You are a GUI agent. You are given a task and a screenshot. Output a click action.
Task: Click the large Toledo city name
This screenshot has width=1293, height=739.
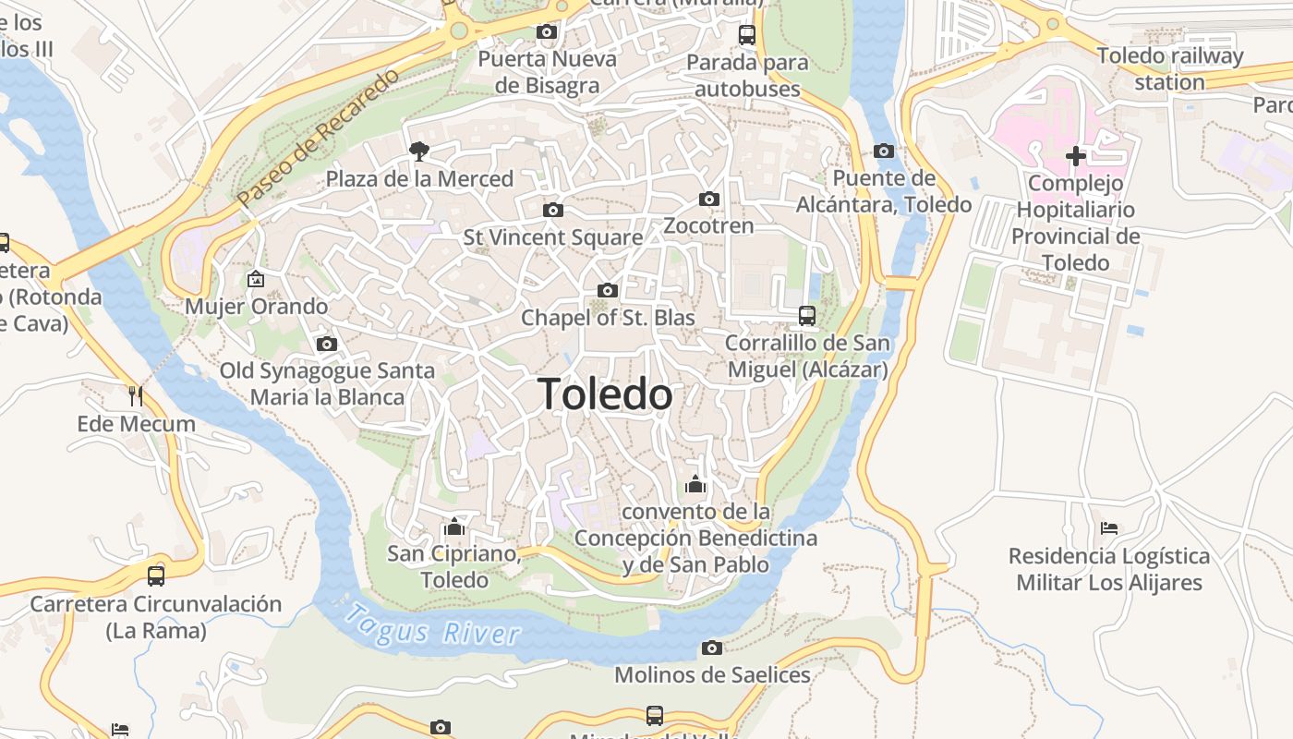point(605,394)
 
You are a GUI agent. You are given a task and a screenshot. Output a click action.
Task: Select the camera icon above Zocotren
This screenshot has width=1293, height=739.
point(709,199)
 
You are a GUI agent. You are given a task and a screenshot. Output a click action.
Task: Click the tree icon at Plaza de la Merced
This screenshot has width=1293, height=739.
point(419,151)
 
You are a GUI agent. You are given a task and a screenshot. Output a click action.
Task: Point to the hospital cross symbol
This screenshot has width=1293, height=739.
point(1075,156)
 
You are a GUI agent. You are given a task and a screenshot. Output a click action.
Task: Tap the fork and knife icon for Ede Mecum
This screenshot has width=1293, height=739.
point(136,396)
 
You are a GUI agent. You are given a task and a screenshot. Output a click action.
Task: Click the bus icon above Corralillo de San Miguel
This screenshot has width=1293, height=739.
point(807,316)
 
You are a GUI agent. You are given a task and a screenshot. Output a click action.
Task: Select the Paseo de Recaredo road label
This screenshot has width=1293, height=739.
point(318,137)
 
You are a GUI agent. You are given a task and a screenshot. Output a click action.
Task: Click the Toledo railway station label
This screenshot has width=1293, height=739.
point(1170,68)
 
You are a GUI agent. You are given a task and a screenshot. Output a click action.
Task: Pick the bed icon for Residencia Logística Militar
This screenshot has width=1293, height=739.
point(1109,528)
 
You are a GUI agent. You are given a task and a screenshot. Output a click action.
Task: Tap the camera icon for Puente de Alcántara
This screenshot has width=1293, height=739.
point(884,151)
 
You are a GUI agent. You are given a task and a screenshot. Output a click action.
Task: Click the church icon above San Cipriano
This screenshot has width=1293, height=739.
point(453,527)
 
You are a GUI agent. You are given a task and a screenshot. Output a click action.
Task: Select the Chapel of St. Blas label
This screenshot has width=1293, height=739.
point(608,318)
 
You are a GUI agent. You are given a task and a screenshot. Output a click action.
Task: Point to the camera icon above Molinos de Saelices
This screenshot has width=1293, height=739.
point(711,648)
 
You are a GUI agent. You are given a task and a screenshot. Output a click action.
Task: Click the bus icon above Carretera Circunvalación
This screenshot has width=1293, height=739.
point(156,575)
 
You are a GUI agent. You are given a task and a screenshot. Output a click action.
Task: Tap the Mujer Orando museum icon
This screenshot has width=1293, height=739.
point(256,278)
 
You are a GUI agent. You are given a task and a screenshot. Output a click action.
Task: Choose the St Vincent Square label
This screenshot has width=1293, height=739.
point(552,237)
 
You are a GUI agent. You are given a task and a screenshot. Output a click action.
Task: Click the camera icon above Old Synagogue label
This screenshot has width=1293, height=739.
point(326,344)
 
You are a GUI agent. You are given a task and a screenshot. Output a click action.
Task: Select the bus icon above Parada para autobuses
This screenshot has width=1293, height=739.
point(747,35)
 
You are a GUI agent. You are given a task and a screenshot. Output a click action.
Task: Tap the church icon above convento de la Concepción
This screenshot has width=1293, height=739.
point(695,484)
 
